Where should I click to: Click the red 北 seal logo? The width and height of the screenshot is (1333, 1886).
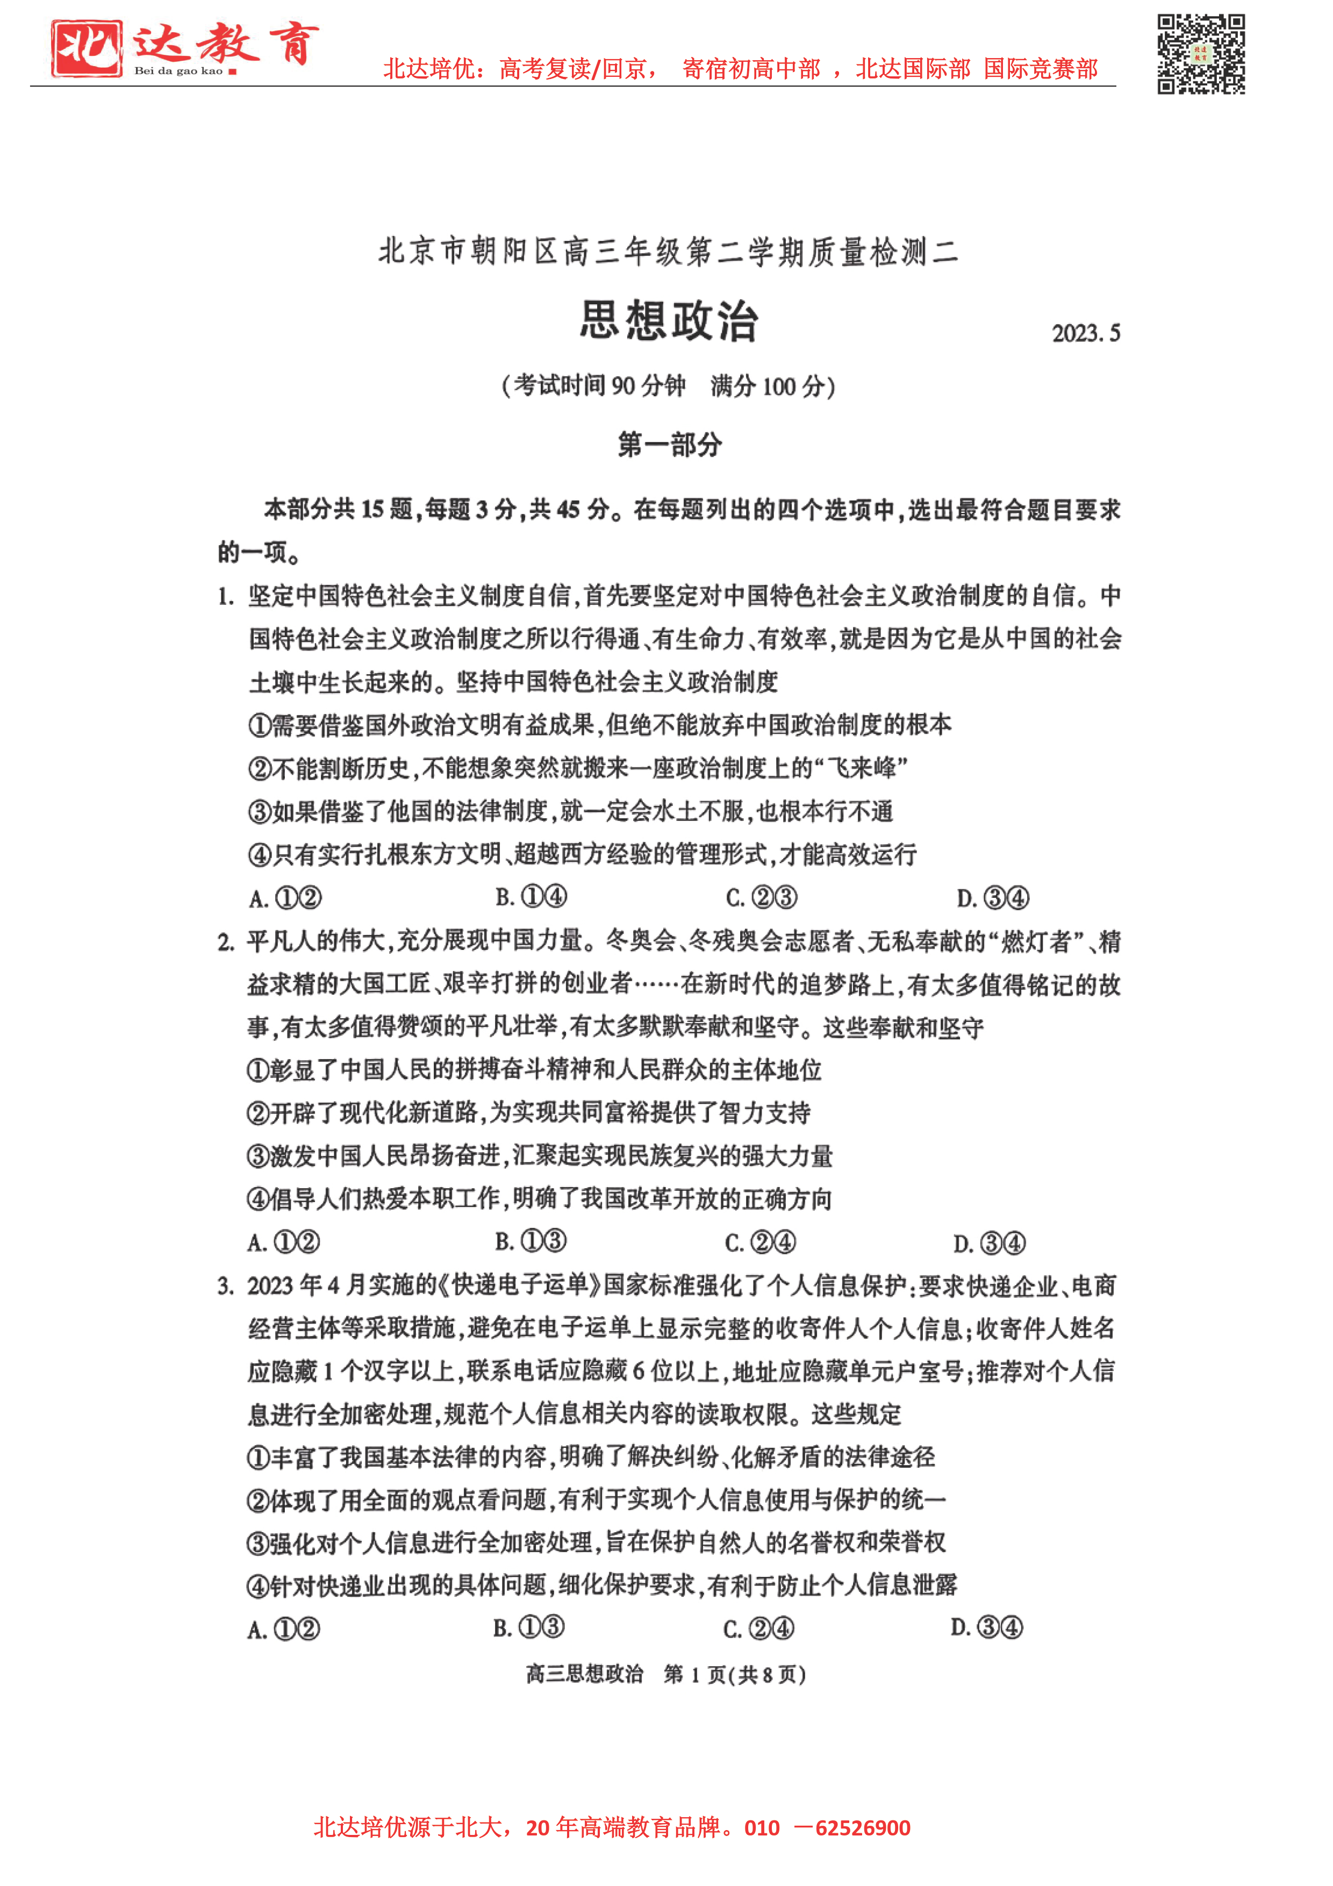(86, 48)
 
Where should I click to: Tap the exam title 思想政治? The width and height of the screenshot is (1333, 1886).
(669, 320)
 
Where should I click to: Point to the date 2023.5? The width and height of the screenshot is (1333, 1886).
(1085, 333)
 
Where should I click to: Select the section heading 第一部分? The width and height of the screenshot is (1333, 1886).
(669, 445)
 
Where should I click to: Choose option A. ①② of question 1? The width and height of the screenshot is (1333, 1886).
(285, 898)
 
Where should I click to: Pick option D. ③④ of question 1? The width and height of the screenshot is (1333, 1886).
(992, 898)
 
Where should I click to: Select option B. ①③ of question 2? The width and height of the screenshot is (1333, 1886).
(531, 1241)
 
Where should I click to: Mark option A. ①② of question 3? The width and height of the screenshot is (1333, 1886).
(283, 1629)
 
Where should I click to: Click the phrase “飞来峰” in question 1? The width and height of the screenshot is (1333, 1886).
(861, 769)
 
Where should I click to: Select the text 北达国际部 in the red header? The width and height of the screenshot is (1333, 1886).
(913, 69)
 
